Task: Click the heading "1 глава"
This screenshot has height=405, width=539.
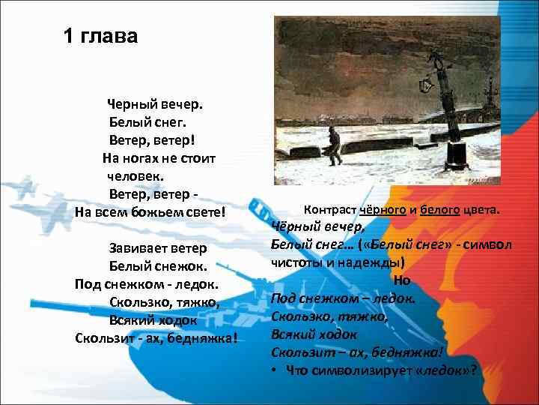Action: click(100, 36)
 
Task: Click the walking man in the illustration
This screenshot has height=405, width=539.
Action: click(334, 143)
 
